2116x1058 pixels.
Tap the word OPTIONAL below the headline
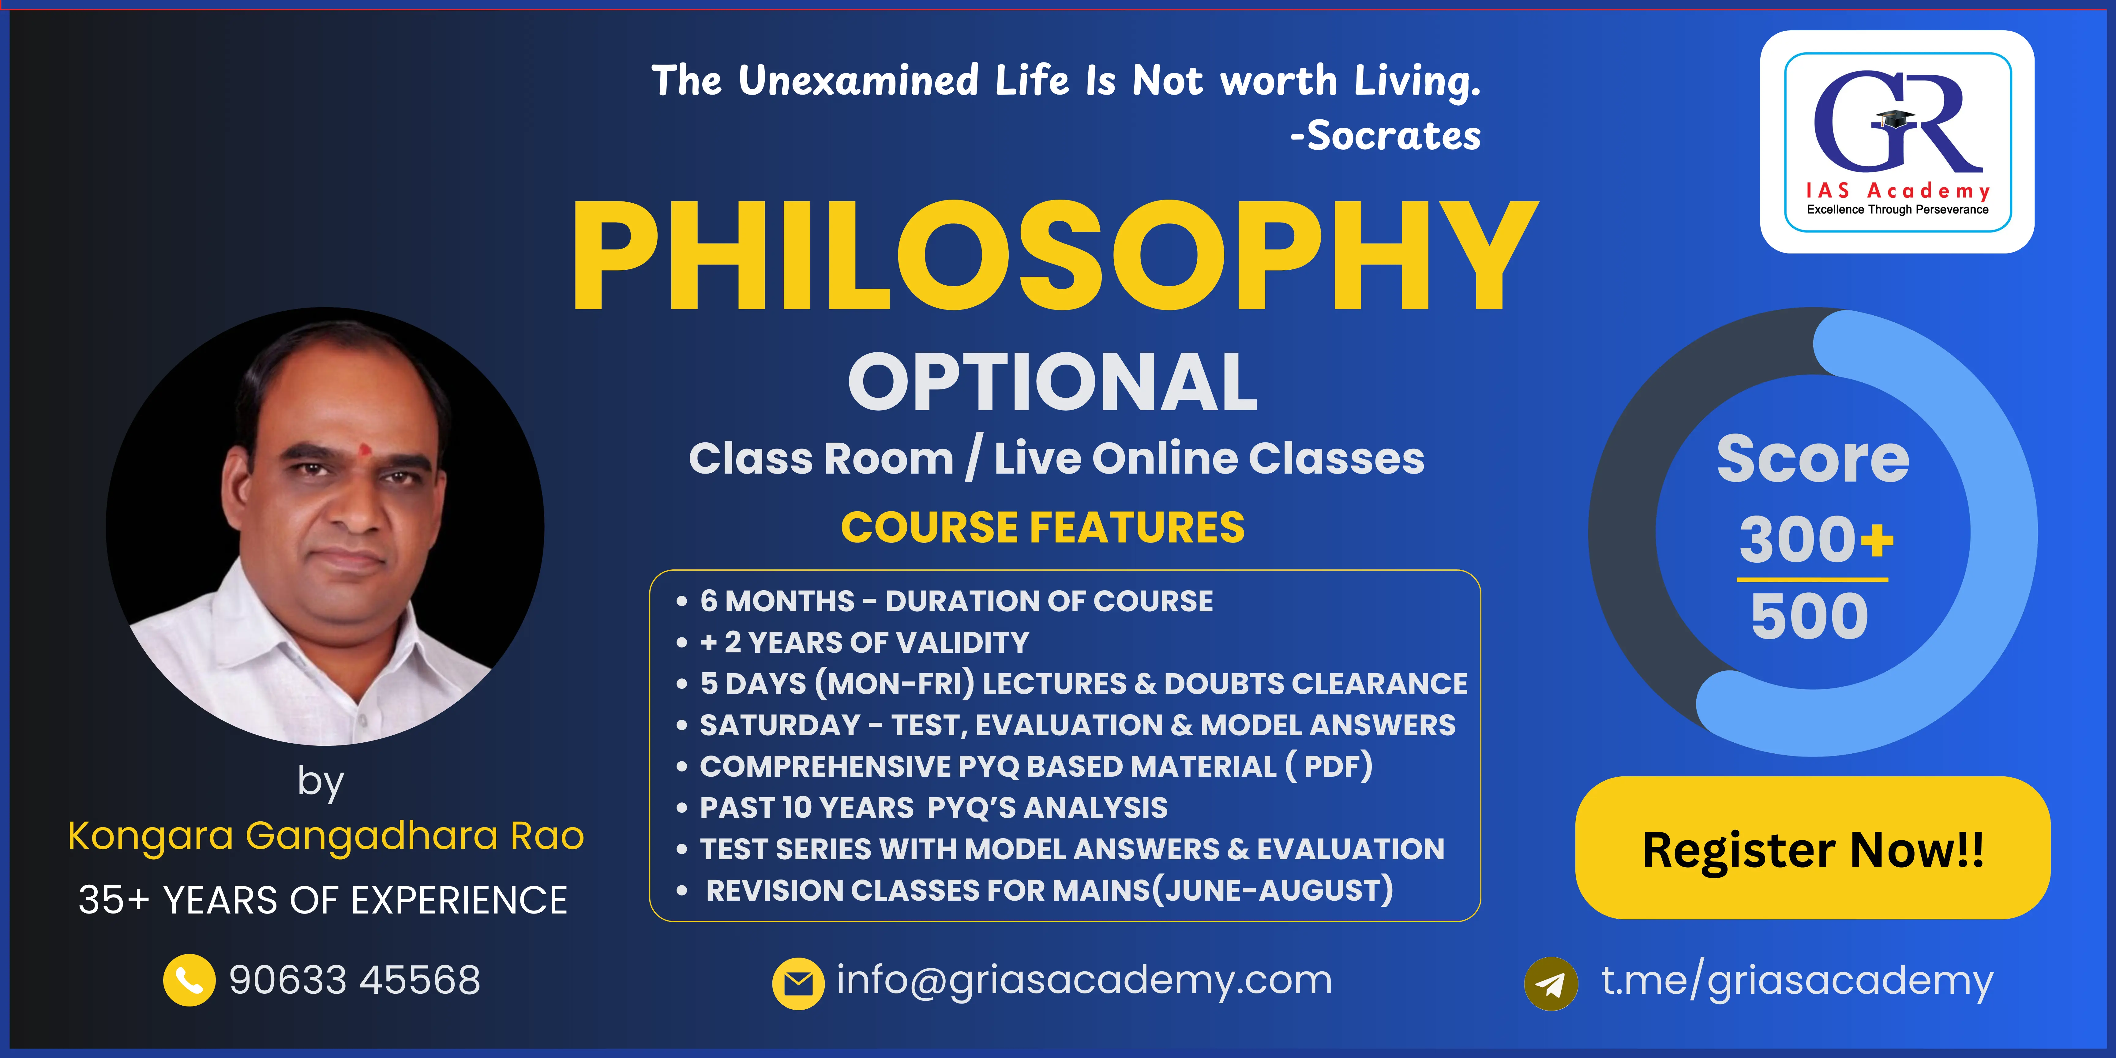click(x=1053, y=382)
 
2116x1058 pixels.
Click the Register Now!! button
click(x=1813, y=848)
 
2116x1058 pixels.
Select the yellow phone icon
click(x=189, y=980)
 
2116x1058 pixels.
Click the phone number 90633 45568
click(x=355, y=980)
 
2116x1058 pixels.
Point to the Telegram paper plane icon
click(x=1551, y=983)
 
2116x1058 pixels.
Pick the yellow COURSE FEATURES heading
click(x=1042, y=527)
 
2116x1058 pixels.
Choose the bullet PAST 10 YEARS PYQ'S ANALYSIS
click(x=922, y=808)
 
